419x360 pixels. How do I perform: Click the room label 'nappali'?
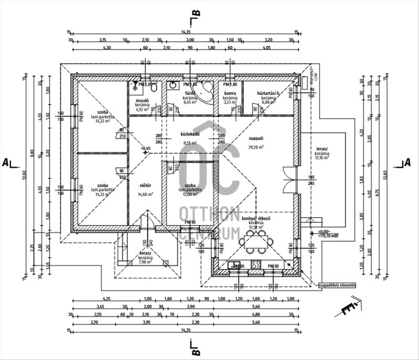[256, 138]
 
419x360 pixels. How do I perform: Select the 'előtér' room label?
[145, 186]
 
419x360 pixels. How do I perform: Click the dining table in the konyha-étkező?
[257, 242]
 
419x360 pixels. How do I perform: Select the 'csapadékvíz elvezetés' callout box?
[337, 285]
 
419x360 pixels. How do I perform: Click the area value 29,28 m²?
[256, 147]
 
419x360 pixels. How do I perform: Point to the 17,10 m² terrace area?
[322, 158]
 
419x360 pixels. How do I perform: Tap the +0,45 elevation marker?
[146, 148]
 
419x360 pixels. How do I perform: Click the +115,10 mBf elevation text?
[328, 236]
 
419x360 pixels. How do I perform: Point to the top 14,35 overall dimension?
[186, 32]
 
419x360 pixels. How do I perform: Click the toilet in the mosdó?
[154, 87]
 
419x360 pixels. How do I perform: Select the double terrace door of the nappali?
[289, 180]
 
